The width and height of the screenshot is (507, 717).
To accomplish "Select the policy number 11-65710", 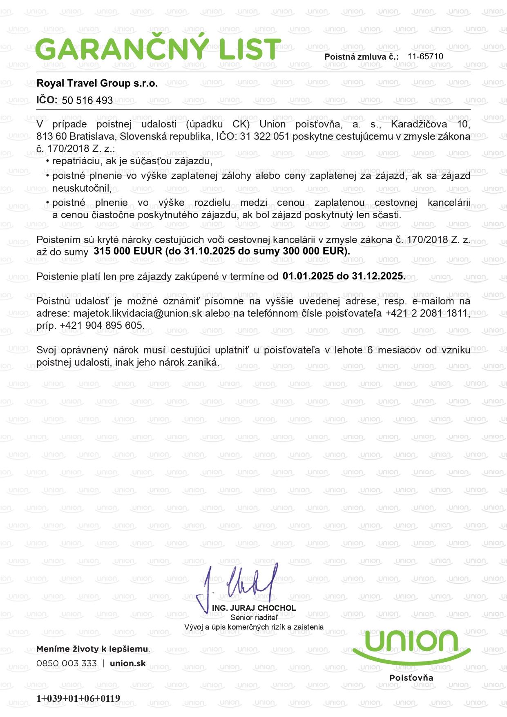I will click(x=425, y=56).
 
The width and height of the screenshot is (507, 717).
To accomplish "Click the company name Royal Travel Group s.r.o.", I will click(x=97, y=83).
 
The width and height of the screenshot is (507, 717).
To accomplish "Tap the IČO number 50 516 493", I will click(x=87, y=101).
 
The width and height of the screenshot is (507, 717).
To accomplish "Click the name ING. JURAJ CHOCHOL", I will click(x=254, y=608).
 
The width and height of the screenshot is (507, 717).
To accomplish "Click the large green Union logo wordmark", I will click(x=411, y=642).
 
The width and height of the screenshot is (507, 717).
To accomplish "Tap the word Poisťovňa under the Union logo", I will click(x=411, y=678).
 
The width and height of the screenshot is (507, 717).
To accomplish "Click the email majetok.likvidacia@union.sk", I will click(x=137, y=313).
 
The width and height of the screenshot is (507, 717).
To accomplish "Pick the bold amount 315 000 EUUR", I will click(x=128, y=251).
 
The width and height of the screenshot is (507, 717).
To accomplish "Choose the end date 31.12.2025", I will click(x=381, y=276).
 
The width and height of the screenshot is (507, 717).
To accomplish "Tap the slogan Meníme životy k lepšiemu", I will click(x=93, y=649).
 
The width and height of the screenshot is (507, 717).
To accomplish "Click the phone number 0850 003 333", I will click(x=67, y=663).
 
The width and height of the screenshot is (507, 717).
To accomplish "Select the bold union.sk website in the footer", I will click(x=128, y=663).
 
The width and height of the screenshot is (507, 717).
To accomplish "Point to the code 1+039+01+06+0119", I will click(x=78, y=698).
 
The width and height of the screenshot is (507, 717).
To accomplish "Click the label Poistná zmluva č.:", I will click(x=361, y=57).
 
